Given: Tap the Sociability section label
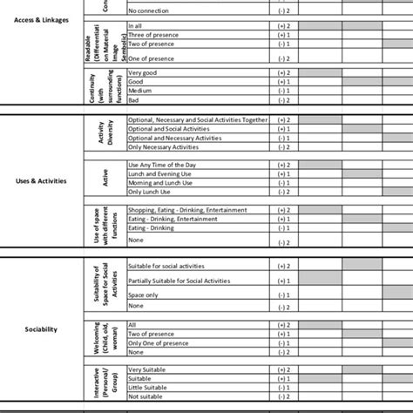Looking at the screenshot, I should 41,329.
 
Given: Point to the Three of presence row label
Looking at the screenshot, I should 153,35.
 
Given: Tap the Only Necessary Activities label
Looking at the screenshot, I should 166,146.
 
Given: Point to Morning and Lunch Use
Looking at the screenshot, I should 163,182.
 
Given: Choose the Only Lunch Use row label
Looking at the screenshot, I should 150,191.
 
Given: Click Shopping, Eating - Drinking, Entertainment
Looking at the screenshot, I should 187,210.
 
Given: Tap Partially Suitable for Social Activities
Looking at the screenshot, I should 179,281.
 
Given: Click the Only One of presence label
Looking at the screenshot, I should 159,342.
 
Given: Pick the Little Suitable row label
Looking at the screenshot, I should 147,388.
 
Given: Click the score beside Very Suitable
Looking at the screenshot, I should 284,369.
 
